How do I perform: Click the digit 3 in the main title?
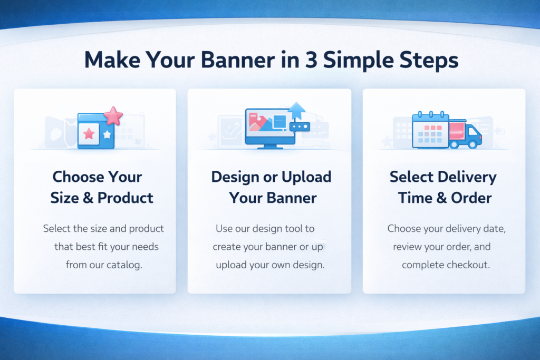311,60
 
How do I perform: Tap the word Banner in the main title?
238,60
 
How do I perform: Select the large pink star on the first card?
113,115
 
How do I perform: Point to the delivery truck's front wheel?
473,144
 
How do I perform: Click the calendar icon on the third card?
430,130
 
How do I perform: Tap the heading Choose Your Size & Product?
101,187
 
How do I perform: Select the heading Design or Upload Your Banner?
272,187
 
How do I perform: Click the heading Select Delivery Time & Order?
443,187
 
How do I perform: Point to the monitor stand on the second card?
271,147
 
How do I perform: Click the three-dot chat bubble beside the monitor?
300,127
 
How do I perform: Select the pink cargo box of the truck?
457,131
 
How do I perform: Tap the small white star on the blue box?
107,134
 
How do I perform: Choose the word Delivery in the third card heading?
467,177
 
